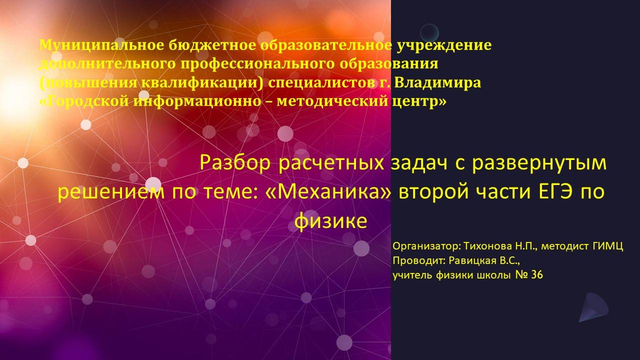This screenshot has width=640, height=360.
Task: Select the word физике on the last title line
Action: pos(330,221)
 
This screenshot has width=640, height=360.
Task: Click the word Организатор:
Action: pos(426,246)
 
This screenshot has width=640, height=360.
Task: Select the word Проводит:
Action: pos(418,260)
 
